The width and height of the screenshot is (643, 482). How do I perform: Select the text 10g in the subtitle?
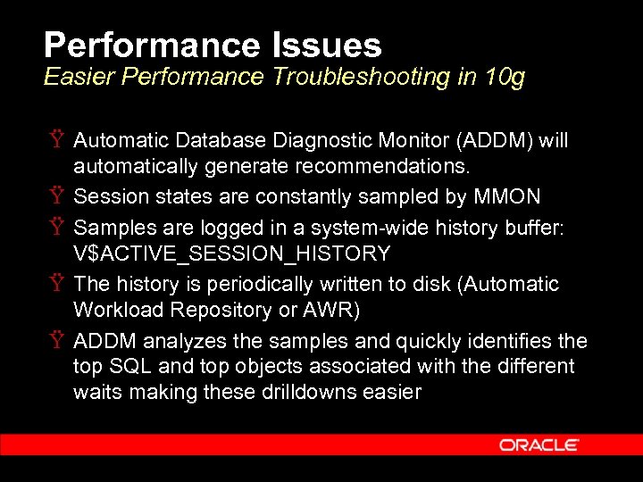tap(504, 78)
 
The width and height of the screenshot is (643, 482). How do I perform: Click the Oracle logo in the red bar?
tap(539, 445)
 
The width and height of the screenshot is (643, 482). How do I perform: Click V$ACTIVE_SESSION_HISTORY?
tap(231, 253)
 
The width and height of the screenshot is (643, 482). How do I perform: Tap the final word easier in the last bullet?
tap(390, 392)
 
